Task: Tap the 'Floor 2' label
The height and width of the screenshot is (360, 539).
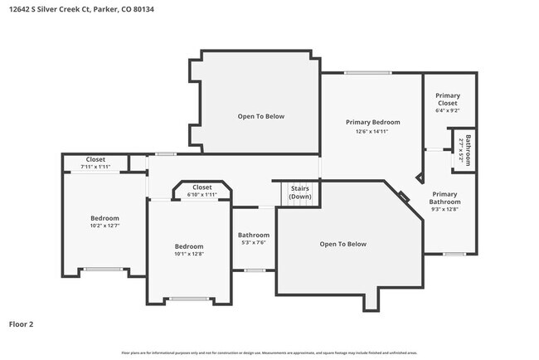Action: coord(22,324)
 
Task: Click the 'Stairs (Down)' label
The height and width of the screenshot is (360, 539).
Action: coord(299,192)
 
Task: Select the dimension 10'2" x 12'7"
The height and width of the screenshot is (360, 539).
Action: coord(105,226)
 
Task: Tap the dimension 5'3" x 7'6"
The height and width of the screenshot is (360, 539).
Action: coord(253,243)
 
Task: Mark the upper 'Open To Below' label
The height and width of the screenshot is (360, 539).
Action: coord(260,116)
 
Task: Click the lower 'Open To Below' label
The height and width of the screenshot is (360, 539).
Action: coord(342,244)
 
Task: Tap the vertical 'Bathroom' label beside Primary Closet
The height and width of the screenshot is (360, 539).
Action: coord(468,150)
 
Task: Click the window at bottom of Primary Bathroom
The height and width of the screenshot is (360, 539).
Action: coord(453,254)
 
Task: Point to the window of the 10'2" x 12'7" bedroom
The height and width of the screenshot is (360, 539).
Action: coord(102,269)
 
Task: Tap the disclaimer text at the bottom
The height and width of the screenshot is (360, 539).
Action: coord(269,353)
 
